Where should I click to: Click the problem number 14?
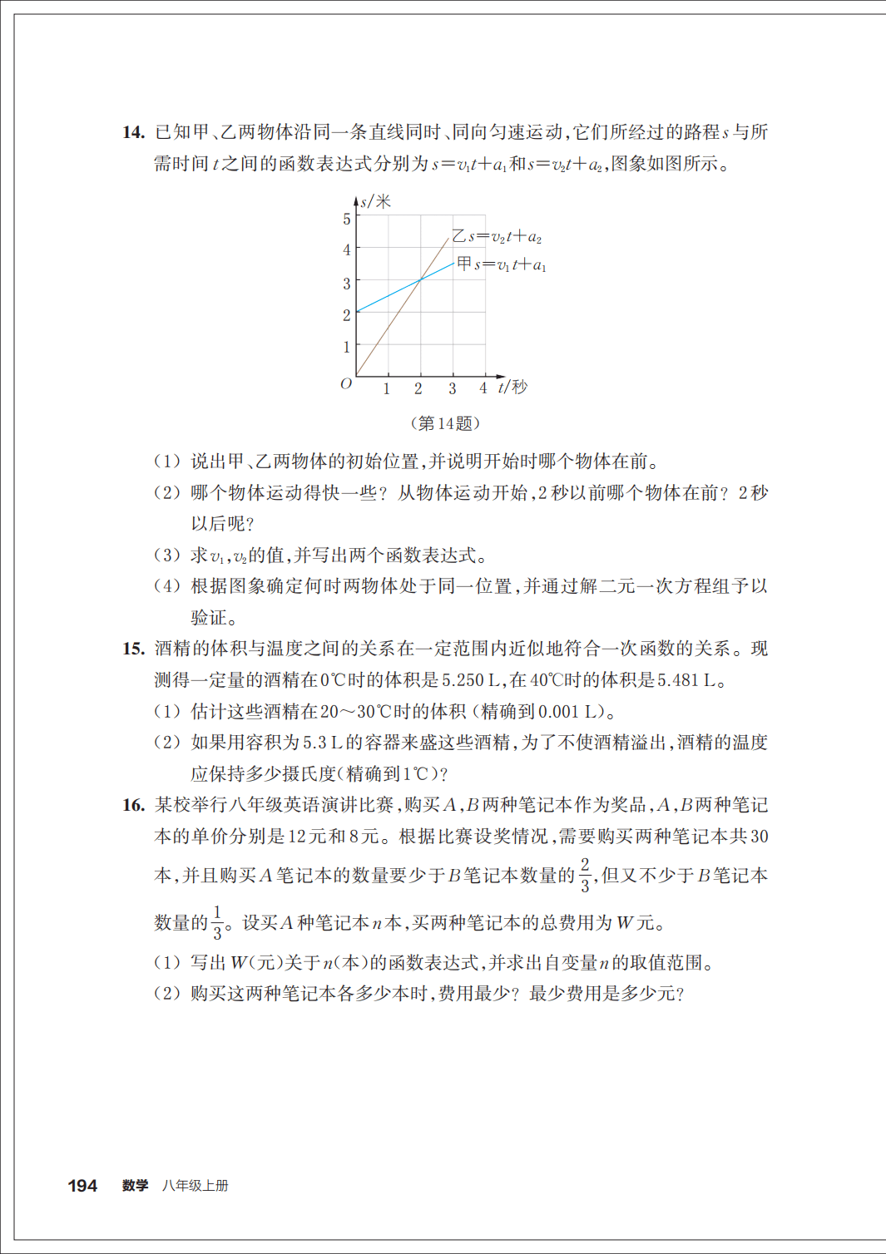click(x=133, y=132)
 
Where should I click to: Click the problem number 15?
click(x=133, y=649)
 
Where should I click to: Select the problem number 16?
click(x=133, y=805)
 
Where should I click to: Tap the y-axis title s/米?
click(x=375, y=201)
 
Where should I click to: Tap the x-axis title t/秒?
click(x=512, y=387)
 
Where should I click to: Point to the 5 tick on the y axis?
click(x=347, y=219)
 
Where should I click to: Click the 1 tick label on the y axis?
click(x=347, y=347)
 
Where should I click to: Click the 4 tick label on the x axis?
click(x=483, y=388)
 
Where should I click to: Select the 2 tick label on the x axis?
click(x=418, y=388)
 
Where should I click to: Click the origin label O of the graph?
click(x=346, y=383)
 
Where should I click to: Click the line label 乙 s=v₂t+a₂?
click(x=497, y=237)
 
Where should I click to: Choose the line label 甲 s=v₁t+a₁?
click(x=502, y=264)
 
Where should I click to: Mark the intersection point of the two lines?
click(x=420, y=280)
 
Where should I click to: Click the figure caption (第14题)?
click(x=445, y=423)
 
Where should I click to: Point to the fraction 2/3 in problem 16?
click(x=585, y=875)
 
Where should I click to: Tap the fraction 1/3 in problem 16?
click(x=217, y=922)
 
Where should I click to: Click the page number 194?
click(x=82, y=1186)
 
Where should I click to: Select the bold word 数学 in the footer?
click(x=135, y=1186)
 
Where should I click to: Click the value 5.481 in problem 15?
click(x=678, y=680)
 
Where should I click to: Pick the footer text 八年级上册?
click(x=196, y=1186)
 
